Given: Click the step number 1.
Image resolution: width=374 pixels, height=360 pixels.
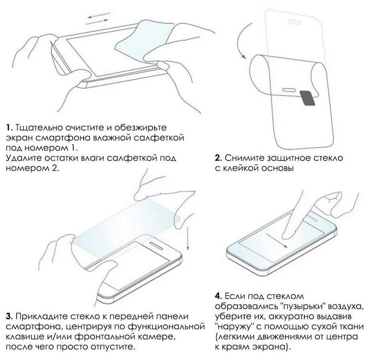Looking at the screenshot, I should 9,128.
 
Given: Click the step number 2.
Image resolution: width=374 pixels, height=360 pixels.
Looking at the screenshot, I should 218,158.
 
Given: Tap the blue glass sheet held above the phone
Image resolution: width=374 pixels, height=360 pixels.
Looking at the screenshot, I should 120,224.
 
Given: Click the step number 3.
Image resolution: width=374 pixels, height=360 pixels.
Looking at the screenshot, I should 9,317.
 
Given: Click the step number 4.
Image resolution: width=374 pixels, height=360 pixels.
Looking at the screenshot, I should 218,296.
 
